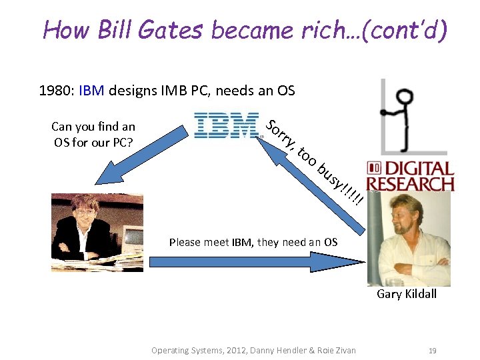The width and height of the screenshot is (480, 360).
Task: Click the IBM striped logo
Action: [x=226, y=125]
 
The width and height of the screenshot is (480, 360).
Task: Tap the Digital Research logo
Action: [x=410, y=175]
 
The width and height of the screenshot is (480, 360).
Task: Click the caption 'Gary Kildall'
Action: [x=407, y=294]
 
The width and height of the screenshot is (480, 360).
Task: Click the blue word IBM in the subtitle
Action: [x=91, y=91]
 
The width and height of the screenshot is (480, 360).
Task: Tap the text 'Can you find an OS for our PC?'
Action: [x=93, y=133]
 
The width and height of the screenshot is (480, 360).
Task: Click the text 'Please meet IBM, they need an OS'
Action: [x=253, y=242]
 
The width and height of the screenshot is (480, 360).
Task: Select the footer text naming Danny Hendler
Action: [x=253, y=350]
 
